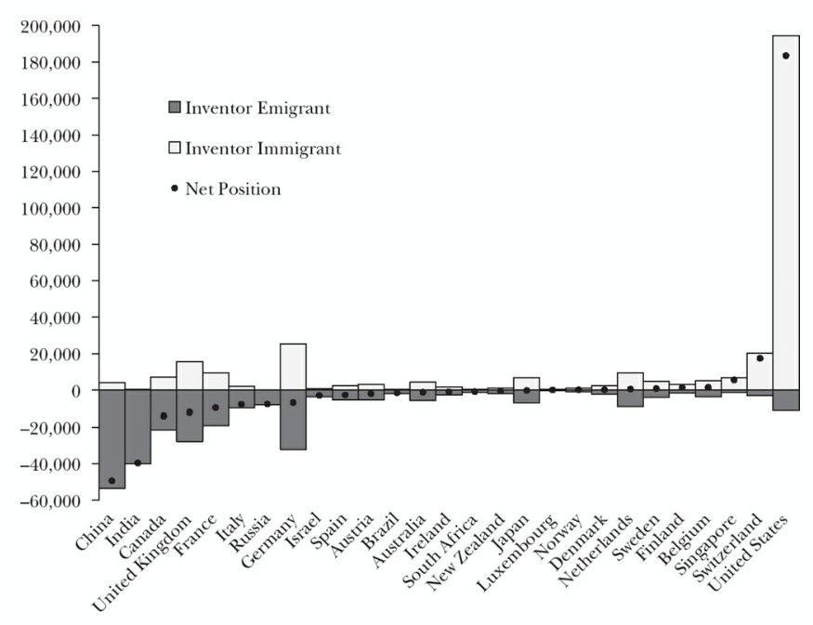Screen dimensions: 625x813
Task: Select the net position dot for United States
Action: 785,56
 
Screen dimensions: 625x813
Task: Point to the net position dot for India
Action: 138,462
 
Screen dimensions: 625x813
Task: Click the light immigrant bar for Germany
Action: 294,366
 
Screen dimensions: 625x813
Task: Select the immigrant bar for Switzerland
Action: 759,371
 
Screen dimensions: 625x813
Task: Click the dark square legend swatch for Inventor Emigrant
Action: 175,108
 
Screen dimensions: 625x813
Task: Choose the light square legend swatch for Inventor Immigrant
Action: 175,148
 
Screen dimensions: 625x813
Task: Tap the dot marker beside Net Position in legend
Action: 174,189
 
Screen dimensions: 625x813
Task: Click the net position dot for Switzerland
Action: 759,358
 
